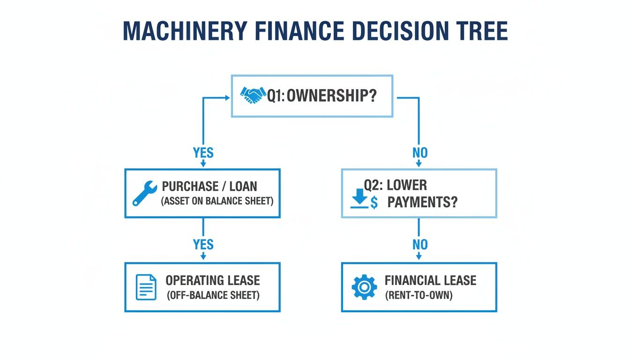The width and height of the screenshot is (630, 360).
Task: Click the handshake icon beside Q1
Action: tap(253, 96)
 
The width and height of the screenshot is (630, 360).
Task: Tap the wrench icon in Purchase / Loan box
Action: tap(143, 193)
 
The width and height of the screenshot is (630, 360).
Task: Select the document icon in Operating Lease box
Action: tap(146, 287)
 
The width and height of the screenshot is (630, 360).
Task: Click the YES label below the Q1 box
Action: tap(203, 153)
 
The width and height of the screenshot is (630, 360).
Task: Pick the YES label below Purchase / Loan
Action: tap(203, 244)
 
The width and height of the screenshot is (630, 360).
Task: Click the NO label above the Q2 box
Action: tap(419, 153)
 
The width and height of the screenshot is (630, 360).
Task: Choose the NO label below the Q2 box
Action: tap(419, 244)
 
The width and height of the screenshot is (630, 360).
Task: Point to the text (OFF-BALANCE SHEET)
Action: tap(212, 296)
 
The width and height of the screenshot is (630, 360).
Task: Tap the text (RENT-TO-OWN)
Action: tap(419, 296)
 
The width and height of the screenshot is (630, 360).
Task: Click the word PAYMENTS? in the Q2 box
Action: tap(422, 203)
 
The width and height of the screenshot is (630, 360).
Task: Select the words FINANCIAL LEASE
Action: tap(430, 281)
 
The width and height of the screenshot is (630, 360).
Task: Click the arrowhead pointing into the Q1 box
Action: tap(227, 97)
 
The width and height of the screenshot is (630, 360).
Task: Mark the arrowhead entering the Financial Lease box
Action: tap(419, 256)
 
